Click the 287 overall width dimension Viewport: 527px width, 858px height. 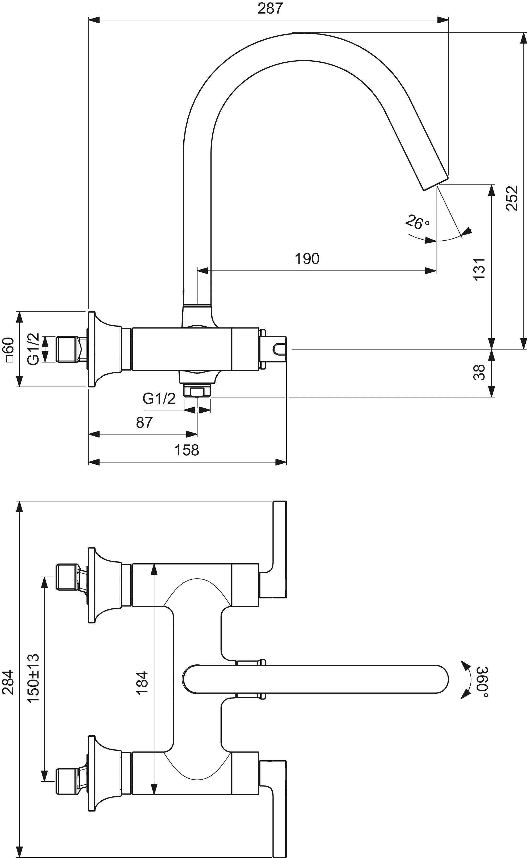pyautogui.click(x=270, y=8)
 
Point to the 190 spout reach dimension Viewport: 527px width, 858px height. pyautogui.click(x=307, y=259)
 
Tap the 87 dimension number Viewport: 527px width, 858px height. pyautogui.click(x=144, y=422)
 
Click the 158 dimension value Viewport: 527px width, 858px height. pyautogui.click(x=187, y=450)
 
